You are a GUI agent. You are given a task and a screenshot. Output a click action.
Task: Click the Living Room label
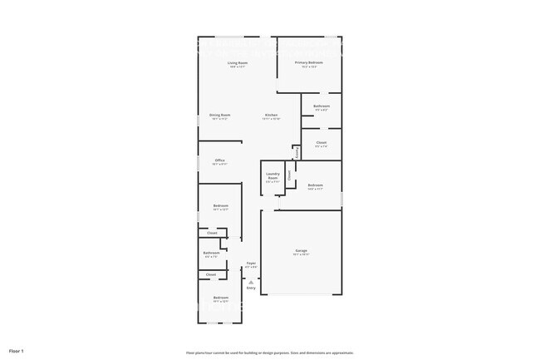click(238, 63)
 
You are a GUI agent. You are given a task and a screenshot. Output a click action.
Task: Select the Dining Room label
click(220, 115)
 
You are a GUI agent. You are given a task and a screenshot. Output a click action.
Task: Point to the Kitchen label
click(271, 115)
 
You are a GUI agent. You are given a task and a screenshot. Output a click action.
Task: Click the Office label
click(220, 160)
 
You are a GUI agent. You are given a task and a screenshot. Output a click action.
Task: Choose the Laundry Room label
click(272, 175)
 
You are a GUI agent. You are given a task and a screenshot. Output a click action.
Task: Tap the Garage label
click(301, 250)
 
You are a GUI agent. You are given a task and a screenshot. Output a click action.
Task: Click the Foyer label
click(251, 263)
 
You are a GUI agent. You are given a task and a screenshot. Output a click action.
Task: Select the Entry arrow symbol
click(251, 282)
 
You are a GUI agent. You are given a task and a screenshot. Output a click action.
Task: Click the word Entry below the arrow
click(251, 288)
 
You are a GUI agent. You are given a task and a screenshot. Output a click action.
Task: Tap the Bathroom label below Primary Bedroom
click(322, 106)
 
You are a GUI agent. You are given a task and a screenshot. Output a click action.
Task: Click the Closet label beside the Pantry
click(321, 142)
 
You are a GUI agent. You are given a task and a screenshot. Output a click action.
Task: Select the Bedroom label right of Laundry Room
click(316, 185)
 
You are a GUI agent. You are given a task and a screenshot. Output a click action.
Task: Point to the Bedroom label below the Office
click(220, 205)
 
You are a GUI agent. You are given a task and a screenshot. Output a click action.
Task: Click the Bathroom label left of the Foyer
click(211, 253)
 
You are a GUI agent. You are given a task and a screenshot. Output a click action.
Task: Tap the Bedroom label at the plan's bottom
click(220, 298)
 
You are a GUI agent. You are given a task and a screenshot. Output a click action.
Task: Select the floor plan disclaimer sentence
click(269, 353)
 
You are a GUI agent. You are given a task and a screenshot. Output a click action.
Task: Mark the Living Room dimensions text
click(238, 67)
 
